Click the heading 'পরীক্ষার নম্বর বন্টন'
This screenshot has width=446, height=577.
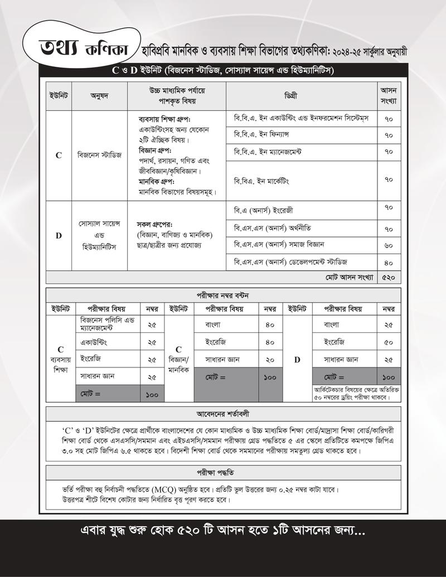click(222, 295)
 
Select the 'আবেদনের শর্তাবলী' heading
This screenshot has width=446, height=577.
click(222, 414)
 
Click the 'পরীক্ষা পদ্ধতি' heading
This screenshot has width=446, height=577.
click(222, 471)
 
